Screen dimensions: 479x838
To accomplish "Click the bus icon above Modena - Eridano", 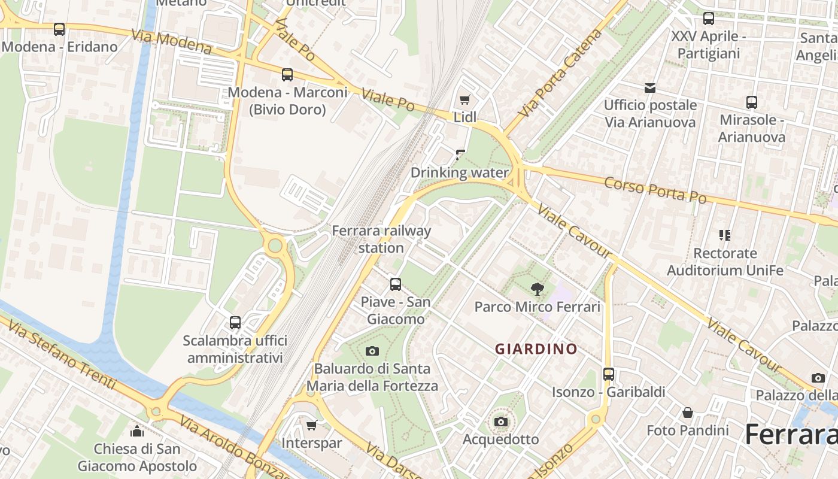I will pos(59,29).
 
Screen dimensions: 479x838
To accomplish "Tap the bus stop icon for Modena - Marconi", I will pos(287,75).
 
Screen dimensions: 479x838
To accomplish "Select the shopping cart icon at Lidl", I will pos(464,99).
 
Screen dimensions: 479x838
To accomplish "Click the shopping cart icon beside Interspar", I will pos(311,425).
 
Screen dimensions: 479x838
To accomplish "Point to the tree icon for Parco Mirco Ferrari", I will pos(538,289).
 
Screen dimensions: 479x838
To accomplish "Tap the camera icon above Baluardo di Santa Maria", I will pos(372,351).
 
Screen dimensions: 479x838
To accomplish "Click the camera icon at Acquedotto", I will pos(501,422).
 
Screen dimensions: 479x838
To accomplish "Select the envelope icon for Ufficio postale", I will pos(650,88).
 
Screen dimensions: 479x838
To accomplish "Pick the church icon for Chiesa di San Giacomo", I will pos(137,431).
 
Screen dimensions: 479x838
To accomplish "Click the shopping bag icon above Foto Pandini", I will pos(688,413).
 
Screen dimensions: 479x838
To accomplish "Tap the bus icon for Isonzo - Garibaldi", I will pos(609,374).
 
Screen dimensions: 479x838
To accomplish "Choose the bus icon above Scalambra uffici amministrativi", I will pos(235,323).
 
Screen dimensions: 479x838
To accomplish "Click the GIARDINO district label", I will pos(536,348).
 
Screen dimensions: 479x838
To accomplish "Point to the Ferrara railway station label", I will pos(381,239).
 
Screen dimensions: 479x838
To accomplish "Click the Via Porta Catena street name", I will pos(560,72).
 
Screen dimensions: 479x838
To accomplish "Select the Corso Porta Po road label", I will pos(655,190).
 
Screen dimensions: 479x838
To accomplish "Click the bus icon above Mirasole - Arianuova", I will pos(752,102).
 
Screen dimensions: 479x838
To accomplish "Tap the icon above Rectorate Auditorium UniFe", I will pos(725,235).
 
